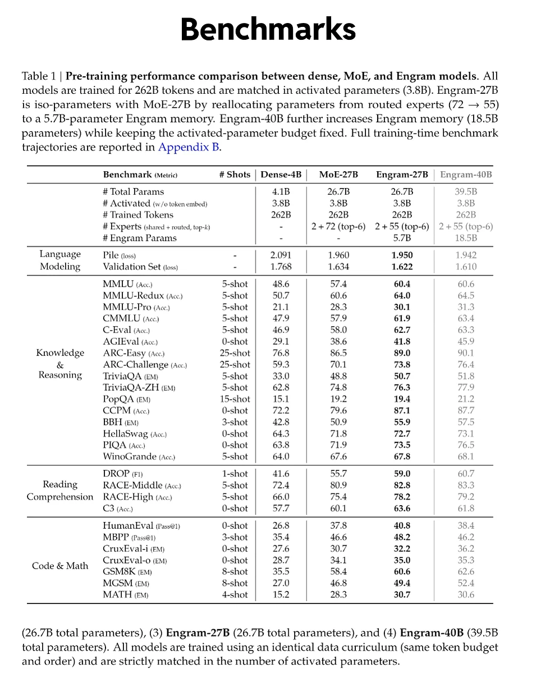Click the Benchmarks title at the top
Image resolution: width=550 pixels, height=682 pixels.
pyautogui.click(x=268, y=29)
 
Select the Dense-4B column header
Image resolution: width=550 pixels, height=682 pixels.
pyautogui.click(x=281, y=175)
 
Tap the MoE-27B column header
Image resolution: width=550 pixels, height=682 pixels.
pyautogui.click(x=338, y=175)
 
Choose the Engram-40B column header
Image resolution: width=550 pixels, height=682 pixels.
pyautogui.click(x=466, y=175)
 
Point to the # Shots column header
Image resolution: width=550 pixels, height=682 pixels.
pyautogui.click(x=235, y=175)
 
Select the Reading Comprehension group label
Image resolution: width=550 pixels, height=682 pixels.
pyautogui.click(x=60, y=491)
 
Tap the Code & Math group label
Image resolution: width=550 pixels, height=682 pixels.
pyautogui.click(x=60, y=566)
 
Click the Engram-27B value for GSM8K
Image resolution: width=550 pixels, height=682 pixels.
pyautogui.click(x=402, y=571)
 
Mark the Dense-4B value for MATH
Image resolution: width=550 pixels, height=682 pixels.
pyautogui.click(x=281, y=594)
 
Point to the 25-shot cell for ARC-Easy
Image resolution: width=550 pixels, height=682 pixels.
pyautogui.click(x=235, y=353)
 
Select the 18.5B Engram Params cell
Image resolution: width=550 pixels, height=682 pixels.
pyautogui.click(x=466, y=238)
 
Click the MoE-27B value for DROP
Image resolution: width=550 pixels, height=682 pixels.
pyautogui.click(x=338, y=474)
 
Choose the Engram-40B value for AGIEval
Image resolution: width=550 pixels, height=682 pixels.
pyautogui.click(x=466, y=341)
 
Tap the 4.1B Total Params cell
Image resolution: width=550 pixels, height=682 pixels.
pyautogui.click(x=281, y=192)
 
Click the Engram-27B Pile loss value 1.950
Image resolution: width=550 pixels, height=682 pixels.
pyautogui.click(x=402, y=255)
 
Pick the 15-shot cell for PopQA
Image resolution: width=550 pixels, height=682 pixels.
pyautogui.click(x=235, y=399)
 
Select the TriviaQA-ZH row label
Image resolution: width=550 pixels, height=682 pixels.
pyautogui.click(x=136, y=387)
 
